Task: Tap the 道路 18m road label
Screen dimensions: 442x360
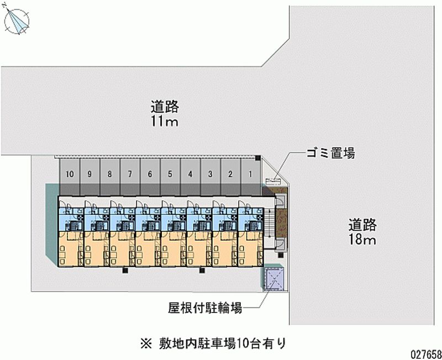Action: click(x=362, y=232)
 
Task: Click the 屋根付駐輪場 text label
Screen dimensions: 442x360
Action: click(x=206, y=308)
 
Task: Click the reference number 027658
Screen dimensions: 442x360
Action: click(x=422, y=352)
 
